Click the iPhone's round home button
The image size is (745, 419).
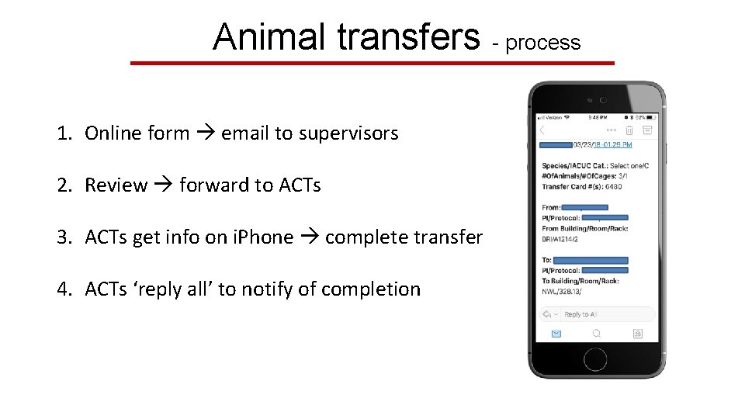(x=595, y=359)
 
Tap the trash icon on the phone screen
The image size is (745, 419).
(x=630, y=130)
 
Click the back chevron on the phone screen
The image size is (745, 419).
(x=542, y=130)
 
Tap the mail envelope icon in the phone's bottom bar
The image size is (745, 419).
(x=556, y=334)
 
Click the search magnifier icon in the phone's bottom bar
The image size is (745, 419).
(x=596, y=334)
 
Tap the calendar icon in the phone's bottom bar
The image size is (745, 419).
(x=637, y=334)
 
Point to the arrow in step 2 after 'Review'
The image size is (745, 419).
(x=163, y=185)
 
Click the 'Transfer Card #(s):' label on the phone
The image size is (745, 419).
(x=572, y=186)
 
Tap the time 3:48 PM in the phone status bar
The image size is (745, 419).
(x=597, y=117)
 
